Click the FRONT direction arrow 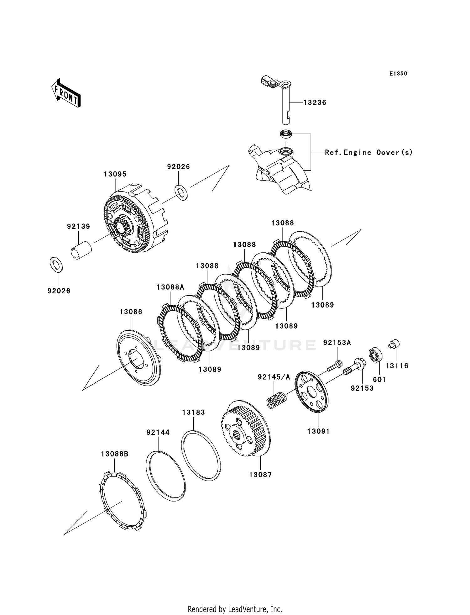(66, 93)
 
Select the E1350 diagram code (398, 74)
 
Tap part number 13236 (315, 103)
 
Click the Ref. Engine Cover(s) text (368, 153)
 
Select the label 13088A (170, 287)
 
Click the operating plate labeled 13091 (312, 392)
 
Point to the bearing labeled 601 (374, 355)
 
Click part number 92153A (337, 343)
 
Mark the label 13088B (115, 454)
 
